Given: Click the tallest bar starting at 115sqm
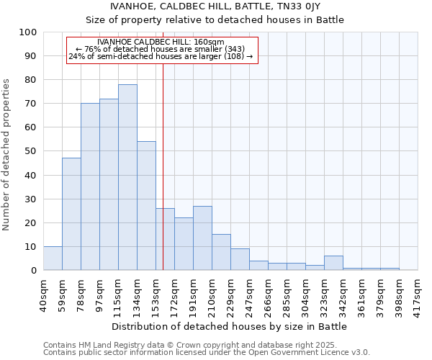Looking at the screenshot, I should pos(127,177).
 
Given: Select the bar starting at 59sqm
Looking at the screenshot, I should pos(71,214).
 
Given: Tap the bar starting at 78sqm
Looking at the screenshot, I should pos(90,186).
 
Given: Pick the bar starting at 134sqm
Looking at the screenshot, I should pos(146,206).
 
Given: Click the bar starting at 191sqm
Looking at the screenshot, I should pos(202,238).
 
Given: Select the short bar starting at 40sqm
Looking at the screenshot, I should pos(53,258).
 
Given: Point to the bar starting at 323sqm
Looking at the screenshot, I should pos(333,263).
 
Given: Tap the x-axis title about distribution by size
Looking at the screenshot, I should pos(230,326).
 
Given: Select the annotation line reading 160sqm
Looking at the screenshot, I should pos(161,42).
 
